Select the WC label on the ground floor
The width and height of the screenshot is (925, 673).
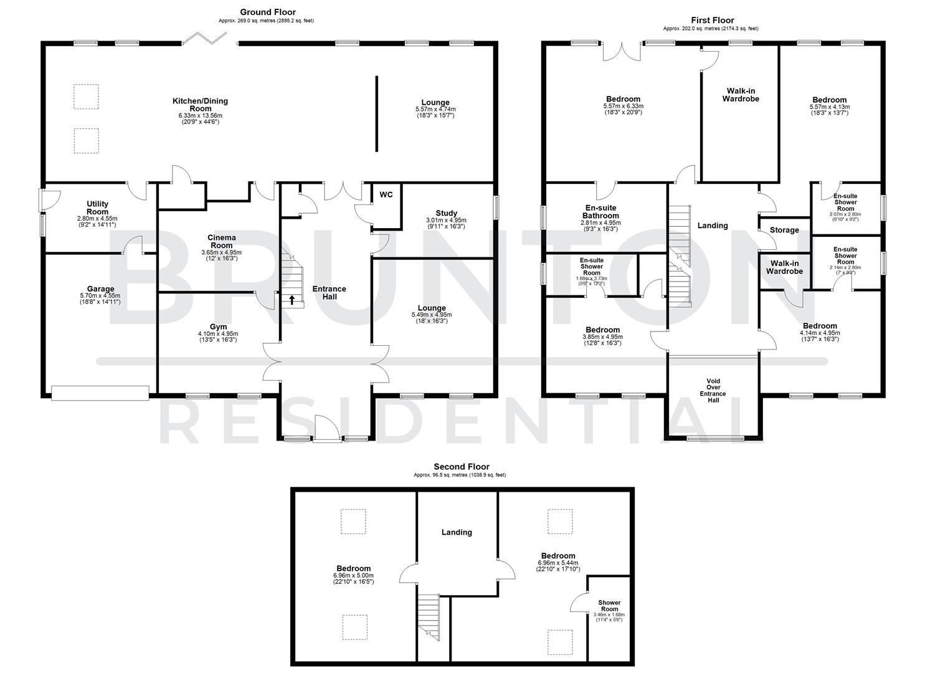coord(386,194)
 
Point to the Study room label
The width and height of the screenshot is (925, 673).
coord(446,213)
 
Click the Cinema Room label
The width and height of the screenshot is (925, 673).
coord(221,241)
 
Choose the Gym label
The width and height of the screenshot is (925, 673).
coord(218,327)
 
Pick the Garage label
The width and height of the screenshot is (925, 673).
coord(100,289)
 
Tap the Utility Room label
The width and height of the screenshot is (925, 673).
coord(97,208)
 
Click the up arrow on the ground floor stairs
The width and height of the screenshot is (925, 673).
coord(292,300)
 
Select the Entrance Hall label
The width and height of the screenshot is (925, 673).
coord(329,292)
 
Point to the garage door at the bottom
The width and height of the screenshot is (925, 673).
coord(100,392)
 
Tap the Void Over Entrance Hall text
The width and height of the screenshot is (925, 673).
coord(713,391)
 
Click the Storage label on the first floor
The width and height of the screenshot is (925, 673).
coord(784,230)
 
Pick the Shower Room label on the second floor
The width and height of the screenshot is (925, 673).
coord(609,606)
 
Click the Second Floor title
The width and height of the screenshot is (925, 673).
coord(461,467)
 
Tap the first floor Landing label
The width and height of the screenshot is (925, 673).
coord(712,226)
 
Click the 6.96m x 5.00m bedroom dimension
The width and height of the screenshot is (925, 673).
coord(353,575)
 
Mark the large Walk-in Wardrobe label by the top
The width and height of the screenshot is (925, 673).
coord(740,95)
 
